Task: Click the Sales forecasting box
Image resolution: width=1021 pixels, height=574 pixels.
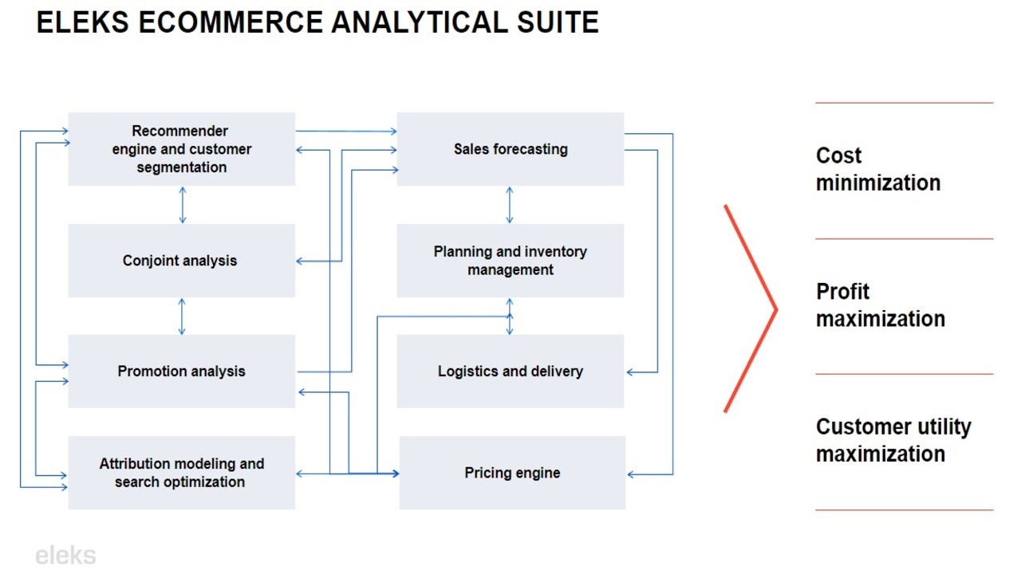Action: tap(510, 149)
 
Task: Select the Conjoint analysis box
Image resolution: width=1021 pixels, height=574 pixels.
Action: tap(181, 261)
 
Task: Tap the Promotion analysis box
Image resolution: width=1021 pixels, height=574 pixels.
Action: tap(181, 372)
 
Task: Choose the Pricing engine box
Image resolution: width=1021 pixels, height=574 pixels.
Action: tap(512, 473)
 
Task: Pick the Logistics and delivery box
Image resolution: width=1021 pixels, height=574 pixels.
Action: tap(510, 372)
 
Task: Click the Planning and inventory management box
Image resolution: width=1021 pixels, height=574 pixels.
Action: tap(510, 261)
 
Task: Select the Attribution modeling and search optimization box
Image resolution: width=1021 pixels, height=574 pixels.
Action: tap(181, 473)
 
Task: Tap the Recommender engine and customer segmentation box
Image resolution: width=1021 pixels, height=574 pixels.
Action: tap(181, 149)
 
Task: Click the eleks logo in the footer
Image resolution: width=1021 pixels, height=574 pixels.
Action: tap(65, 556)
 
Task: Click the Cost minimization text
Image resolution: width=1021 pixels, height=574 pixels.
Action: tap(877, 169)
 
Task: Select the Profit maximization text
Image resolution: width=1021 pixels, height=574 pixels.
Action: tap(880, 305)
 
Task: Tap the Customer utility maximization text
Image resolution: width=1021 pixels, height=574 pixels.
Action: tap(893, 440)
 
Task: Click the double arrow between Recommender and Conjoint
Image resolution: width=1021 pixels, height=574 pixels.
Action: tap(183, 205)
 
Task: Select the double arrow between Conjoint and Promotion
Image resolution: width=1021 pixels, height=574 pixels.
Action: tap(183, 316)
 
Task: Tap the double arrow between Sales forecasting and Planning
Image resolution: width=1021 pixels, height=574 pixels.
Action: tap(510, 205)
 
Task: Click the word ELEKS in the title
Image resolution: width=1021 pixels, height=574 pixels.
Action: tap(83, 22)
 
